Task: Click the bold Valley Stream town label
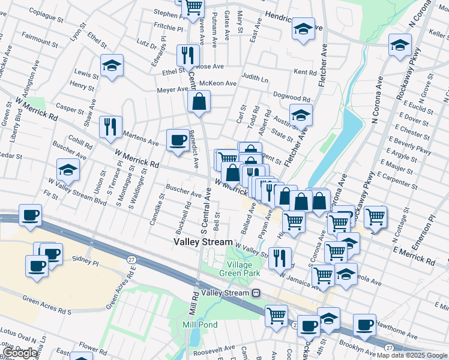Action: coord(203,242)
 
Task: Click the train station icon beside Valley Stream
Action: coord(256,293)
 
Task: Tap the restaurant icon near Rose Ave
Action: coord(188,55)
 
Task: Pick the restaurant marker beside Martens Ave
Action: coord(110,127)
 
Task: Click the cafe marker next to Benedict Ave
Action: coord(177,140)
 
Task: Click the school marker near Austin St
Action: coord(301,115)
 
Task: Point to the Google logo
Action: coord(20,353)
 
